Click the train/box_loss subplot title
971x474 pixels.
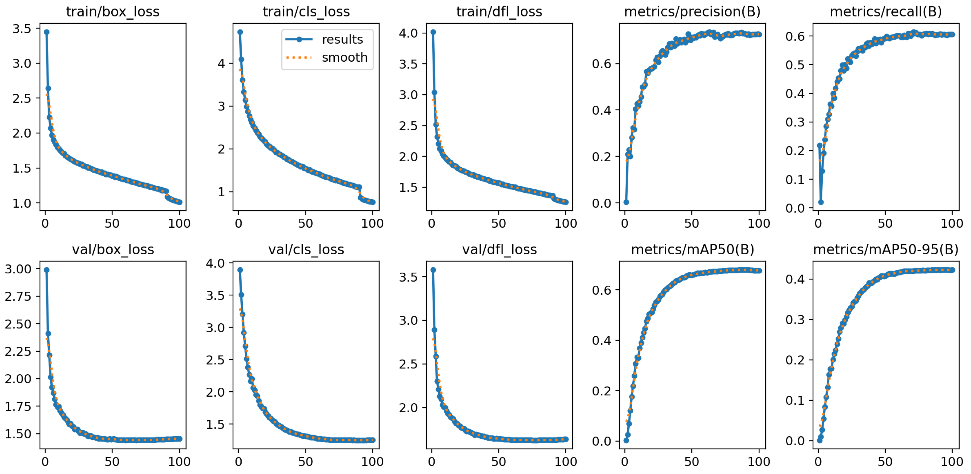113,12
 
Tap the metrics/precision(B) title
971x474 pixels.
692,12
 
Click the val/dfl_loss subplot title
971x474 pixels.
499,249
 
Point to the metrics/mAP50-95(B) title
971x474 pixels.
885,249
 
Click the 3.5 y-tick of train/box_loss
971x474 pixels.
22,29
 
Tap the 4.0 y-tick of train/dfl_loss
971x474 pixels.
409,33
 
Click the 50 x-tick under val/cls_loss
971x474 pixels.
305,462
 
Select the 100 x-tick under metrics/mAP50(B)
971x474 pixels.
758,462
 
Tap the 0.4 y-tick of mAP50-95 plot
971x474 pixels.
795,279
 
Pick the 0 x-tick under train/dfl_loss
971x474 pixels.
432,223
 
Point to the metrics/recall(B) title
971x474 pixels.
885,12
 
